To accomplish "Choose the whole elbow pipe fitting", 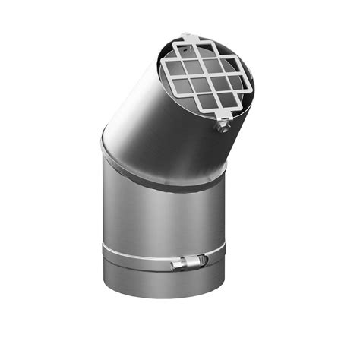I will pyautogui.click(x=163, y=190).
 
